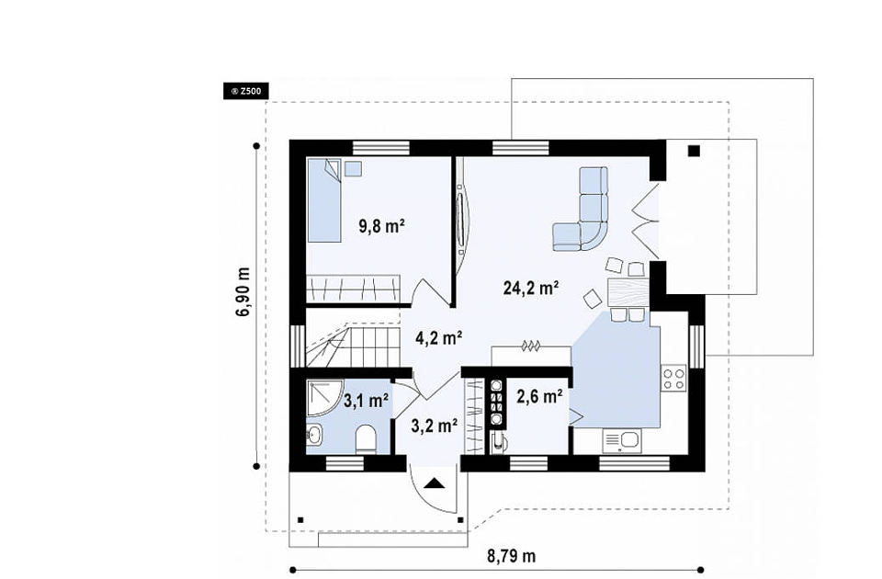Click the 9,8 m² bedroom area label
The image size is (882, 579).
[382, 226]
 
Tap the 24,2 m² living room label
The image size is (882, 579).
[531, 288]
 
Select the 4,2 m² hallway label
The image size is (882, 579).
[439, 337]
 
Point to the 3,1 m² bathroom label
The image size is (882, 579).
[367, 401]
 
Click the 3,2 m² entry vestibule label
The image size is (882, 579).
[434, 426]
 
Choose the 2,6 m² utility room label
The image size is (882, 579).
[539, 397]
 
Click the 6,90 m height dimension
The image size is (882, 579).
[243, 291]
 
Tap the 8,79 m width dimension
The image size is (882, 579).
[512, 557]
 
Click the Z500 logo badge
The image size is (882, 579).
[246, 91]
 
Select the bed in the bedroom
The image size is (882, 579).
[324, 199]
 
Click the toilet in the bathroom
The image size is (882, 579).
[367, 439]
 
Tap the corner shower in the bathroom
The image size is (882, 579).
[325, 398]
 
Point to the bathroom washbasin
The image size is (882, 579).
[314, 435]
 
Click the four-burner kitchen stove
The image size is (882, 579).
[673, 378]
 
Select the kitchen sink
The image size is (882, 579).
[622, 440]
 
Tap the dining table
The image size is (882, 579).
[628, 291]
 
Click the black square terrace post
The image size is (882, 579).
[695, 151]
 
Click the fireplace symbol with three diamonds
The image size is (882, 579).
[530, 346]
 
